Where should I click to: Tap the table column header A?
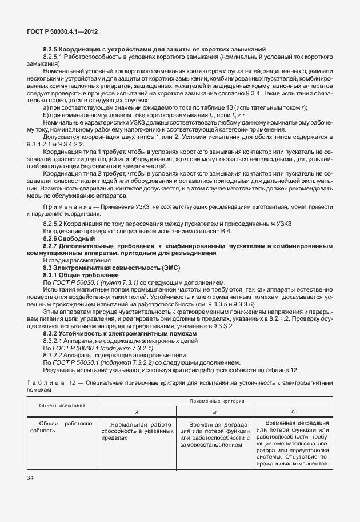(136, 412)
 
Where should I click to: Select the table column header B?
(214, 412)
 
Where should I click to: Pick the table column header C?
(293, 411)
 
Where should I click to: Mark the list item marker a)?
(47, 107)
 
